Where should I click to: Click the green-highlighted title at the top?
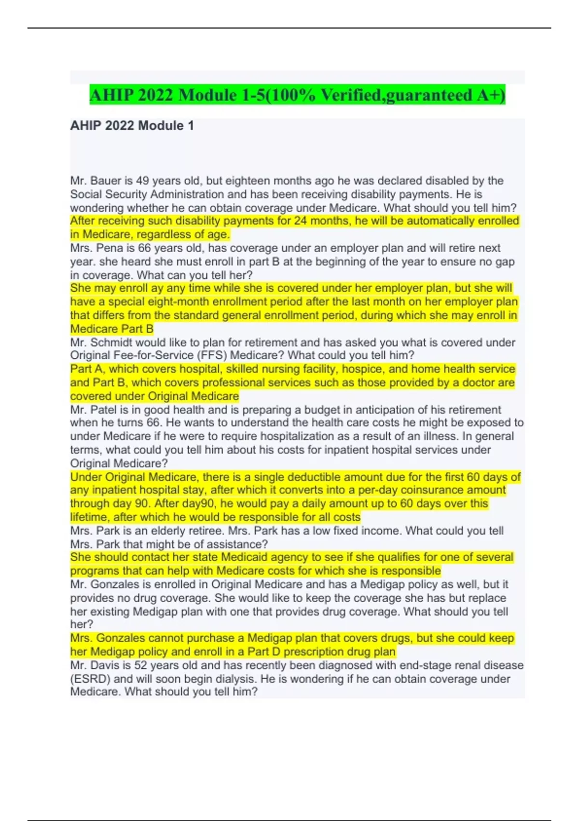pyautogui.click(x=297, y=95)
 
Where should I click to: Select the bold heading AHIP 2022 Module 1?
pyautogui.click(x=132, y=126)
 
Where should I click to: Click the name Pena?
pyautogui.click(x=110, y=248)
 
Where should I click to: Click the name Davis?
pyautogui.click(x=106, y=665)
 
